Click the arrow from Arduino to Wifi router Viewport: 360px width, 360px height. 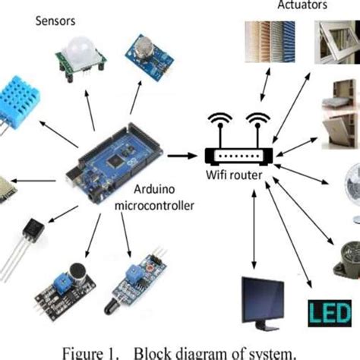(x=180, y=156)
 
